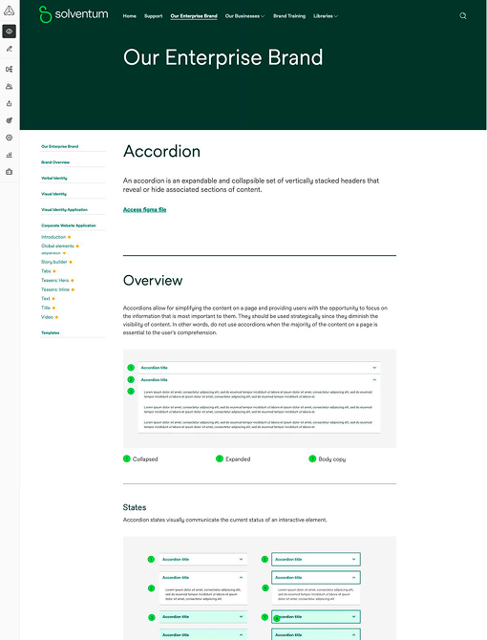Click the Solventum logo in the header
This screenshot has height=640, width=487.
tap(74, 15)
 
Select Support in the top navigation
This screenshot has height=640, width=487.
tap(153, 16)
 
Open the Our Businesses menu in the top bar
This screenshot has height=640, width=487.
tap(244, 16)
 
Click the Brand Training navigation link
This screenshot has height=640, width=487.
tap(289, 16)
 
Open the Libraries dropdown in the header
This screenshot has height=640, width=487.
tap(325, 16)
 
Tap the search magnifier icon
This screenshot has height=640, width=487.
tap(463, 16)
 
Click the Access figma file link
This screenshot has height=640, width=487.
tap(144, 209)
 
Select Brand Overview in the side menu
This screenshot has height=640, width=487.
tap(55, 162)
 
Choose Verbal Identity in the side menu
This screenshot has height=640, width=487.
tap(54, 178)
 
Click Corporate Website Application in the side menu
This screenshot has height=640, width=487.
tap(69, 224)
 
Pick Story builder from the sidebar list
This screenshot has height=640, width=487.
tap(53, 261)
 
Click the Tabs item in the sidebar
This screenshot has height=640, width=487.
tap(46, 270)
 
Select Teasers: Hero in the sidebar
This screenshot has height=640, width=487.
tap(55, 280)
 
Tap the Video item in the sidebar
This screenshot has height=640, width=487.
tap(47, 316)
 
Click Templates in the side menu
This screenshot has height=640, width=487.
tap(50, 332)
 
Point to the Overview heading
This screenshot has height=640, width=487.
tap(153, 281)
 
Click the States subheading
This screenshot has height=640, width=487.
tap(135, 507)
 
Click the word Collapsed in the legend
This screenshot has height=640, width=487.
tap(145, 459)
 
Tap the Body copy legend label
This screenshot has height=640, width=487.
tap(332, 459)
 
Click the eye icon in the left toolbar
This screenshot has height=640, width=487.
tap(9, 32)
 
